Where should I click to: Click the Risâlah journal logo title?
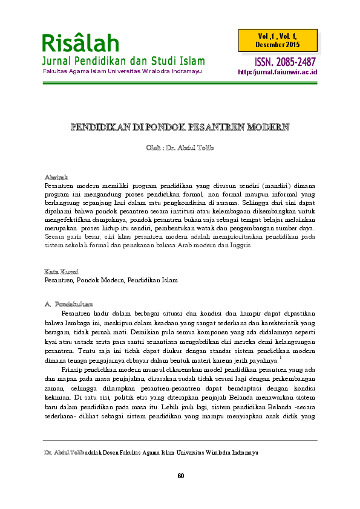(x=80, y=43)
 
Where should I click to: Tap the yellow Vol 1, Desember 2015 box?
(x=281, y=41)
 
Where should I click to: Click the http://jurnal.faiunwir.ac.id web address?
(x=278, y=72)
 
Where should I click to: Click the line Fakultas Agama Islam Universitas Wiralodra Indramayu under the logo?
(x=121, y=71)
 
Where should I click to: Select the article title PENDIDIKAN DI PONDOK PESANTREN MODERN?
(x=180, y=127)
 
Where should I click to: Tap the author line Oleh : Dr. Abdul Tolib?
(x=180, y=149)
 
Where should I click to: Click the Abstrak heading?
(x=55, y=176)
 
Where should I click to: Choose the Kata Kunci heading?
(x=61, y=271)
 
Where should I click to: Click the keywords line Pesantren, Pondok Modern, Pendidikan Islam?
(x=111, y=280)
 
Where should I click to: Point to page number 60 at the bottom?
(x=180, y=475)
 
